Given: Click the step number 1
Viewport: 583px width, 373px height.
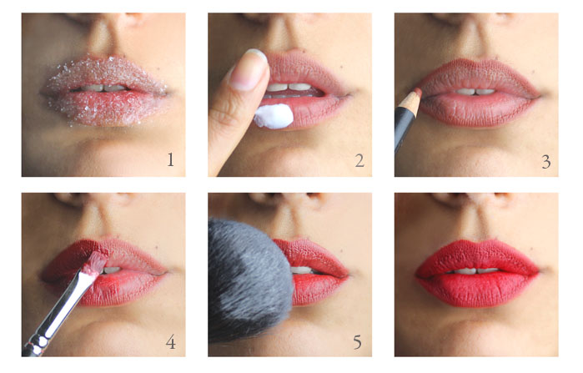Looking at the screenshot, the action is pos(170,159).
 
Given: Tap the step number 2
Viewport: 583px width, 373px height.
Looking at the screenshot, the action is pos(359,161).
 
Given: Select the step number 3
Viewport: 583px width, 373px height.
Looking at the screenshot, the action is pos(545,162).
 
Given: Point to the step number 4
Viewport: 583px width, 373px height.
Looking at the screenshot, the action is pos(171,342).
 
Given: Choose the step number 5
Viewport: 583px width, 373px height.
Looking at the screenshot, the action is pos(357,342).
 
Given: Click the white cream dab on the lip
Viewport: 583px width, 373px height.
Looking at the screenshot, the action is pos(274,116).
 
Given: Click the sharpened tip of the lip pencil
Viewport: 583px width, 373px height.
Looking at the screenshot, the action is pos(419,90).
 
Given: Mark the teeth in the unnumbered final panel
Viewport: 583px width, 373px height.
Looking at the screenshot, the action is pos(475,271).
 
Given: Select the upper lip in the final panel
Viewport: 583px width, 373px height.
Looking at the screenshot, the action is pos(477,256).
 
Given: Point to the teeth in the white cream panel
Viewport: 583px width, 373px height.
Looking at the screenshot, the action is pos(289,88).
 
